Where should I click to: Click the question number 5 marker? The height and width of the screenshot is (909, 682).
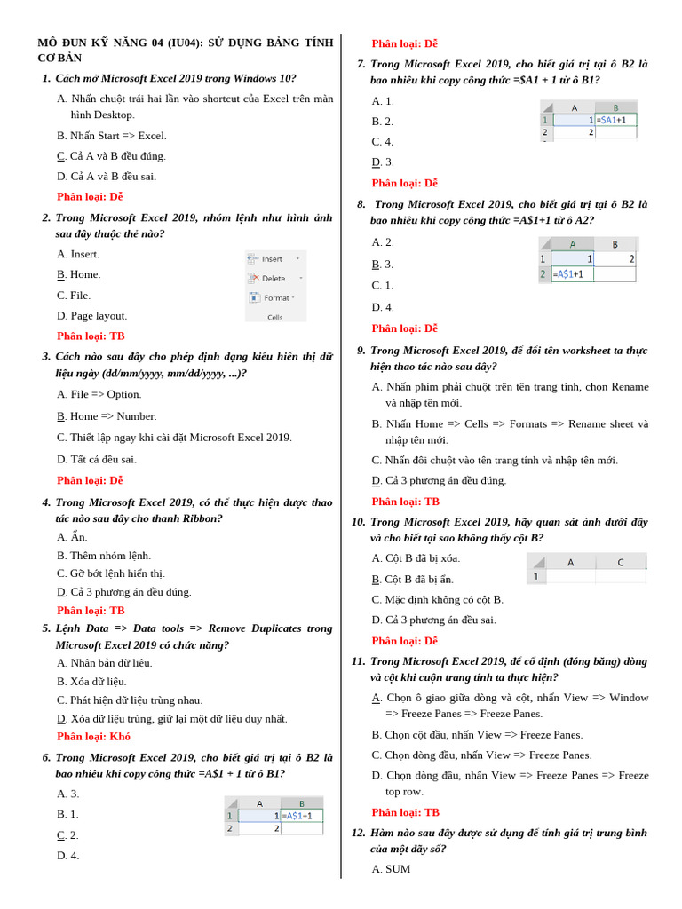pos(46,628)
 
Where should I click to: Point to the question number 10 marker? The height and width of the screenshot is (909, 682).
pos(359,522)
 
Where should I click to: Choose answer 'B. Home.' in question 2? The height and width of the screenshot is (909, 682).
pos(79,274)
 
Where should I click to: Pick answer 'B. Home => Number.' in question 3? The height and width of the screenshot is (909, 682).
pos(107,416)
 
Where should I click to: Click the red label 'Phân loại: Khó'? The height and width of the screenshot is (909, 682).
pos(93,737)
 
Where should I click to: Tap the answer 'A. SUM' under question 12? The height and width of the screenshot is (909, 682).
pos(391,869)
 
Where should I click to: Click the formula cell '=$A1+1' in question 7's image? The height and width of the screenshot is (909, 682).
pos(616,120)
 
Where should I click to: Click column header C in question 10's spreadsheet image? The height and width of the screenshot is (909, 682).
pos(620,562)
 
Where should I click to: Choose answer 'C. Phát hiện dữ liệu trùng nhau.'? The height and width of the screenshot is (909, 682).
pos(130,700)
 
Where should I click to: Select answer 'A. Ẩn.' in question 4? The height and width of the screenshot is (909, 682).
pos(72,537)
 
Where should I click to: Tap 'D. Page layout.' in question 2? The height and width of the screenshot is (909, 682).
pos(92,316)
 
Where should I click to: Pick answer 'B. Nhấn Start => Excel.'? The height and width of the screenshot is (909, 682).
pos(112,136)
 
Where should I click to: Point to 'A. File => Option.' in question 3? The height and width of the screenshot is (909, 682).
pos(99,394)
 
